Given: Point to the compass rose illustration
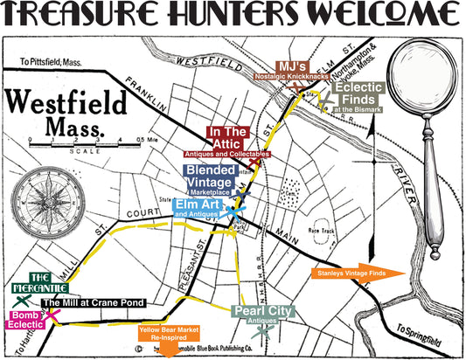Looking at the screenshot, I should pos(51,193).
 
